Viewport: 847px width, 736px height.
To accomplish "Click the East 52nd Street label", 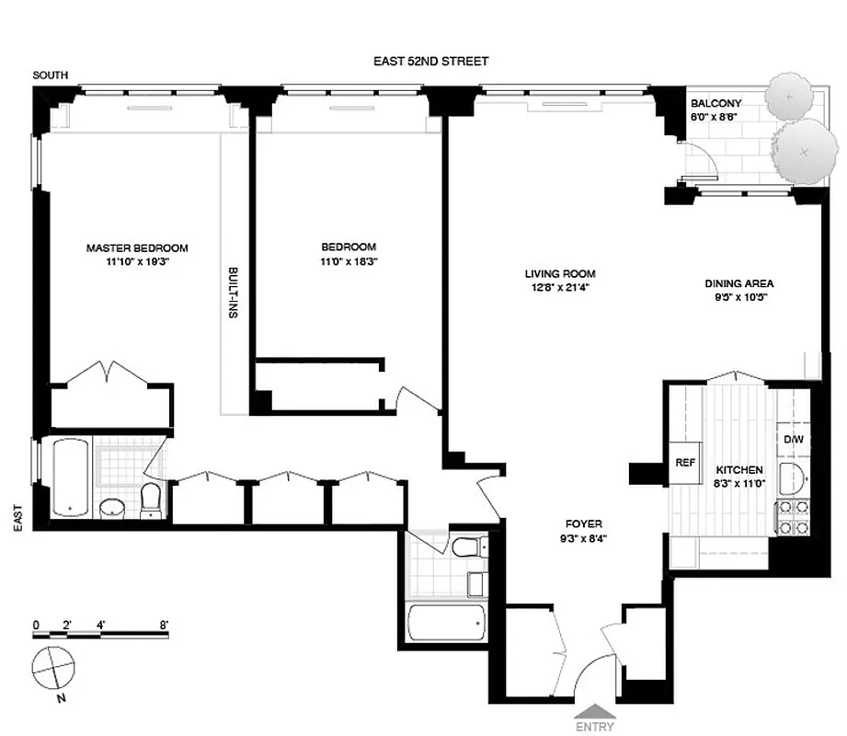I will (429, 62).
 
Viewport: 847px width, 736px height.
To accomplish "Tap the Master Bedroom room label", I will (137, 223).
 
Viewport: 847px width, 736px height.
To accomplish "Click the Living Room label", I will (560, 274).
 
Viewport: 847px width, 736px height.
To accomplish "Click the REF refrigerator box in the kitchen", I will (684, 463).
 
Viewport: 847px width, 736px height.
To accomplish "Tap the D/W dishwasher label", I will (793, 440).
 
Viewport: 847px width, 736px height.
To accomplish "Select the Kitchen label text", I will (740, 468).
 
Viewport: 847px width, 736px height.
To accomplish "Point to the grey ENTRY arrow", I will (596, 709).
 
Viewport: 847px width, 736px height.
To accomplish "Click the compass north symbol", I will (53, 667).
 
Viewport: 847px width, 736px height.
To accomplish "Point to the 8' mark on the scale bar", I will (166, 624).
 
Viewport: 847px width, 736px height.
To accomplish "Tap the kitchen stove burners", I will (792, 516).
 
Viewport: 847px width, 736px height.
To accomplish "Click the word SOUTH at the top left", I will (49, 75).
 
